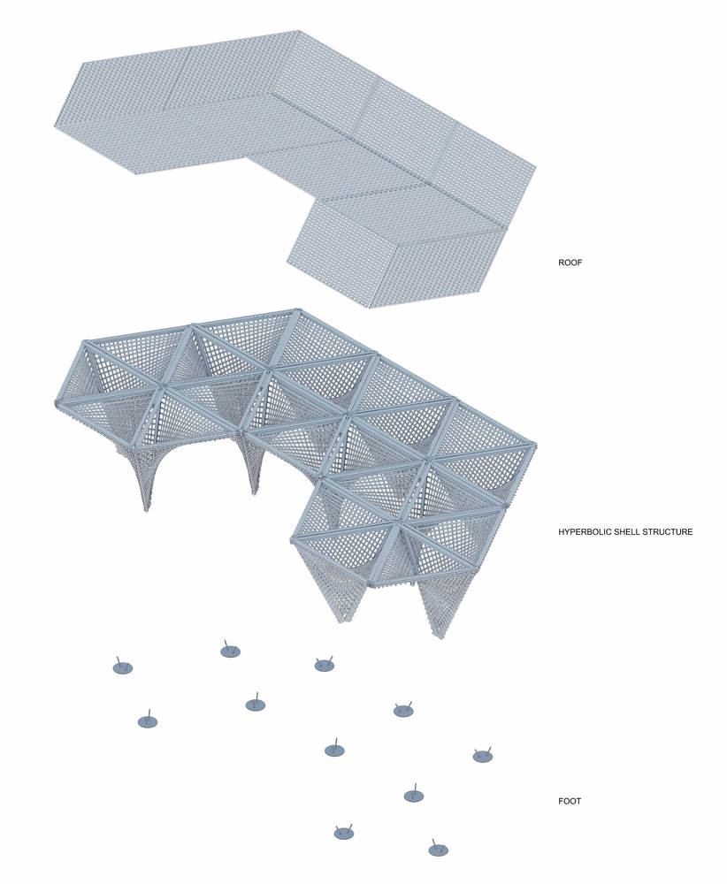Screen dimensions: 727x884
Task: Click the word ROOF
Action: pyautogui.click(x=570, y=263)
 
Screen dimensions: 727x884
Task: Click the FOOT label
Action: pyautogui.click(x=569, y=801)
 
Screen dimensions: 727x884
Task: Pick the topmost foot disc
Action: pyautogui.click(x=230, y=652)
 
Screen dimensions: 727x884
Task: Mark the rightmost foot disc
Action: pyautogui.click(x=483, y=757)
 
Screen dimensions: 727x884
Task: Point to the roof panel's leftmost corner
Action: pyautogui.click(x=54, y=128)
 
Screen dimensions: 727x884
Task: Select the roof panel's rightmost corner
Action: pyautogui.click(x=535, y=166)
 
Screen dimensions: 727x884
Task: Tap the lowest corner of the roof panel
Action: pyautogui.click(x=370, y=308)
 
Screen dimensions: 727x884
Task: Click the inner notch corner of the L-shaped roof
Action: pyautogui.click(x=247, y=158)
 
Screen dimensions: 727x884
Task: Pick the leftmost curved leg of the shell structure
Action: pyautogui.click(x=139, y=474)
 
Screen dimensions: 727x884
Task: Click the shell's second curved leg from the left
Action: pyautogui.click(x=251, y=462)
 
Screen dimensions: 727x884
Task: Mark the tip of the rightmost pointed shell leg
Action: pyautogui.click(x=439, y=637)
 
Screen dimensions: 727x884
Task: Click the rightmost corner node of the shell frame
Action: pyautogui.click(x=533, y=446)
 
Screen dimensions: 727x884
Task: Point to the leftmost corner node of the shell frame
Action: pyautogui.click(x=57, y=403)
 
